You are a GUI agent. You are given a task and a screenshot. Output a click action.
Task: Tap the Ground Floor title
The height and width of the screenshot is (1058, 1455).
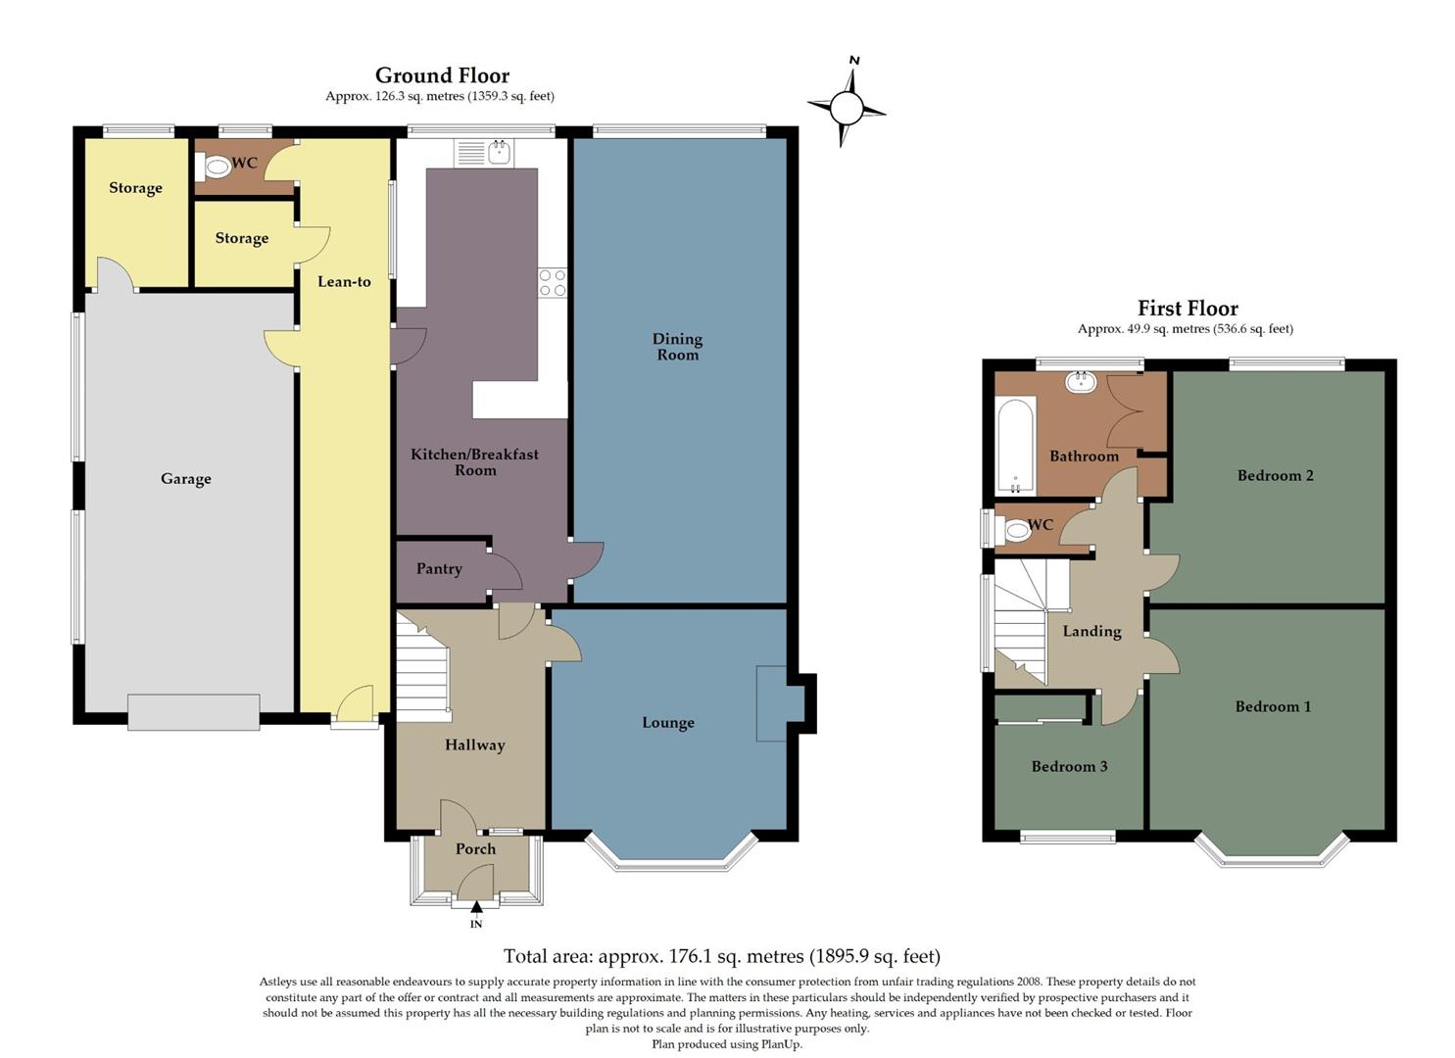pos(442,75)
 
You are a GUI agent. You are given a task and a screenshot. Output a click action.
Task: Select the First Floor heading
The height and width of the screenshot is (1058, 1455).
pos(1187,309)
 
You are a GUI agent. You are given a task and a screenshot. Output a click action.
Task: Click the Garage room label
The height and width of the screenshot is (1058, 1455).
pos(186,479)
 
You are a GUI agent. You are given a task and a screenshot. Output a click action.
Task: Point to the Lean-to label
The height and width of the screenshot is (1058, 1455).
pos(344,281)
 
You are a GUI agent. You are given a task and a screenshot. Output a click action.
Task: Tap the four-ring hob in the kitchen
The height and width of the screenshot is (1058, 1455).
pos(552,283)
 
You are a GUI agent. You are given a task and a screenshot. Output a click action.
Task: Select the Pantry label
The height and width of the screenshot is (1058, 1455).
pos(438,569)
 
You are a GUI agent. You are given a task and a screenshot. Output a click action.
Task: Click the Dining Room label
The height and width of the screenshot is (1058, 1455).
pos(677,347)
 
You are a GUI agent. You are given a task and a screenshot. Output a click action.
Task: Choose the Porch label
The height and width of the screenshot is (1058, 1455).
pos(475,849)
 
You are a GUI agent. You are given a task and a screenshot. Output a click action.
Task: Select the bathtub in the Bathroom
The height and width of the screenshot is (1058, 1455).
pos(1016,446)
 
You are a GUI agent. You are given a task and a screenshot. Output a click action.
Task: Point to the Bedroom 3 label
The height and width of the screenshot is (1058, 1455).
pos(1069,766)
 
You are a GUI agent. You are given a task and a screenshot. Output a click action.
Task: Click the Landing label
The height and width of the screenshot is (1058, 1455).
pos(1091,632)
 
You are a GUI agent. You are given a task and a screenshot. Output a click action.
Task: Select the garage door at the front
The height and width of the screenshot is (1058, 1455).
pos(193,711)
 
